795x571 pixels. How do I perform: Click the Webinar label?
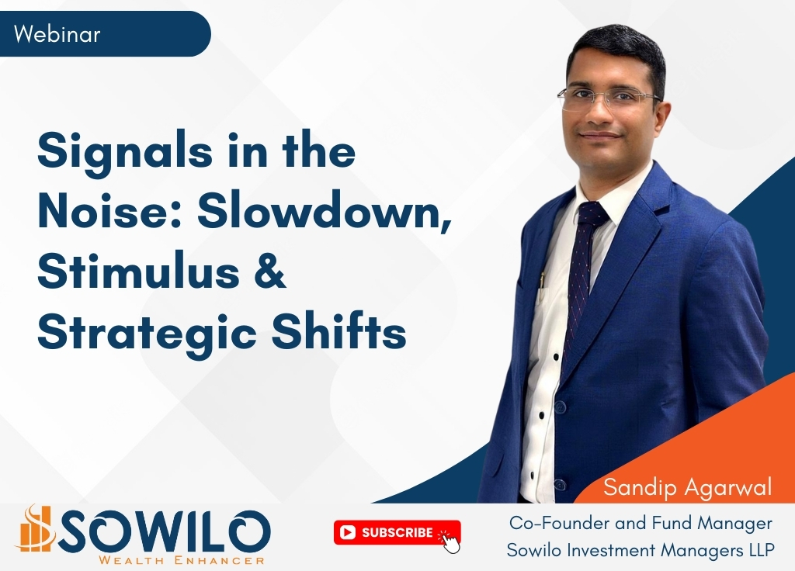click(57, 34)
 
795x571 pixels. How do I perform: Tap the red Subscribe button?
click(397, 533)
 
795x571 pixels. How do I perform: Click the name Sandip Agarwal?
click(687, 487)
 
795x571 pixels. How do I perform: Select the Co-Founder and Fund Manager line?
click(641, 523)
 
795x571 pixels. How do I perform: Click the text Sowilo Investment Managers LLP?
click(641, 550)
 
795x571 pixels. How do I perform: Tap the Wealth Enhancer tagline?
click(182, 560)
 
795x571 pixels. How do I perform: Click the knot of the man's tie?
click(592, 213)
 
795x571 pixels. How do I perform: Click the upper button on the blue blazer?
click(559, 406)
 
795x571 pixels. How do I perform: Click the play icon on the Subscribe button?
click(348, 532)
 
